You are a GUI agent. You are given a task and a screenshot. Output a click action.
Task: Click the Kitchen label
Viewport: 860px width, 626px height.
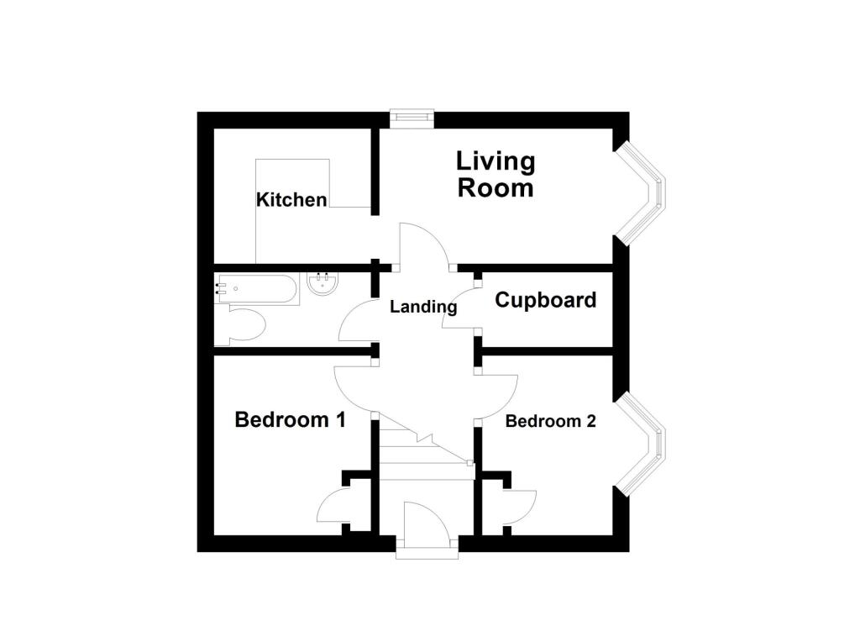291,200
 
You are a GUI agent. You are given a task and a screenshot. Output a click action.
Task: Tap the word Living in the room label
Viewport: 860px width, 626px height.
496,160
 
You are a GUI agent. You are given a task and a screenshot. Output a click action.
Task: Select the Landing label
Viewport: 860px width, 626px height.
423,307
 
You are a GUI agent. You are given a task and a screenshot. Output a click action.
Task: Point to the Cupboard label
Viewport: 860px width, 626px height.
546,300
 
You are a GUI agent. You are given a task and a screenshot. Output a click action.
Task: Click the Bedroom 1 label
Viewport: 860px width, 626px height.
290,419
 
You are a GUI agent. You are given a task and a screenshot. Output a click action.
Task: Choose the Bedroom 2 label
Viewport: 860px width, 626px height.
550,421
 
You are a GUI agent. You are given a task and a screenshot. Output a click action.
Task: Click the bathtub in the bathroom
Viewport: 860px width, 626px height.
257,289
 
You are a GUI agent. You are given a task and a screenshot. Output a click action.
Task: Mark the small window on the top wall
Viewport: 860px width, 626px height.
412,119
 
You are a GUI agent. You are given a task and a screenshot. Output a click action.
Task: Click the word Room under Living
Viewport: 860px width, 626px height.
496,187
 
